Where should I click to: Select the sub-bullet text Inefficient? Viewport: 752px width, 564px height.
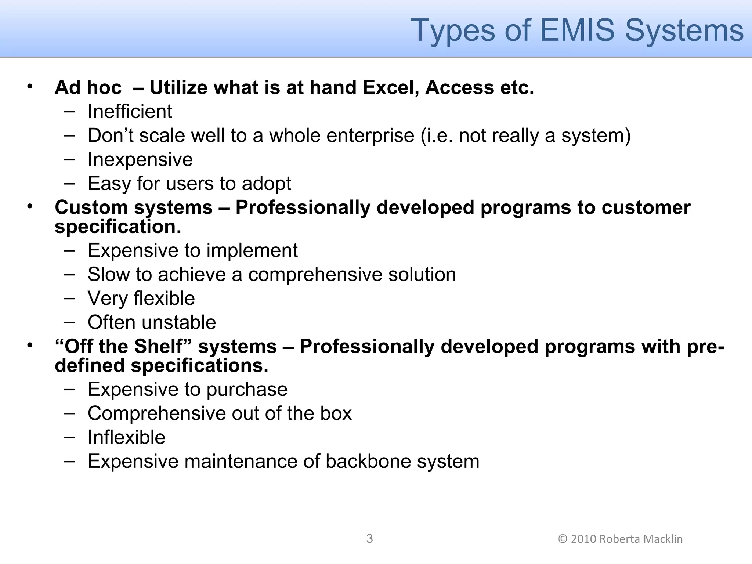click(130, 111)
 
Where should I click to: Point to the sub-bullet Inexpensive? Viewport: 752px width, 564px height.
click(140, 159)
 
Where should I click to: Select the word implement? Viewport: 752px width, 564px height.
click(252, 250)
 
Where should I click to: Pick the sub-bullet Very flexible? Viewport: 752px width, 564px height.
click(141, 298)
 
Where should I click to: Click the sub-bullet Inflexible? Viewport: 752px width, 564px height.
click(126, 437)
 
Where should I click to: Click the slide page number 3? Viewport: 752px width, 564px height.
click(369, 539)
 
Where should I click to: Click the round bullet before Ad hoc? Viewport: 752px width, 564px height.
click(30, 87)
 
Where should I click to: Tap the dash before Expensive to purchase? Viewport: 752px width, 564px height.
click(69, 388)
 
